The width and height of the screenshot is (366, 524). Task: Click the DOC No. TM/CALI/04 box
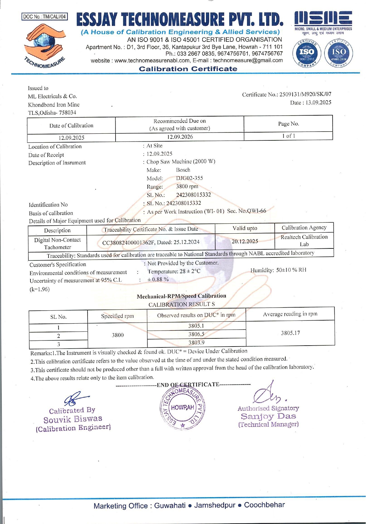(45, 17)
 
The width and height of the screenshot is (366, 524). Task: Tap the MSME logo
(323, 21)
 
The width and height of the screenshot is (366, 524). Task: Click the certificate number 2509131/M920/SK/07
(305, 94)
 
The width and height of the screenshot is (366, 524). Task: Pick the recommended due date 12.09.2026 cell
(180, 137)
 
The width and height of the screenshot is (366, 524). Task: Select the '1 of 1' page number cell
(288, 136)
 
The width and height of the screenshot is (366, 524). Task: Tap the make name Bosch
(183, 170)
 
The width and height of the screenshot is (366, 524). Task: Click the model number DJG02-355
(189, 178)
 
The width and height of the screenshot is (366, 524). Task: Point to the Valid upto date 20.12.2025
(245, 241)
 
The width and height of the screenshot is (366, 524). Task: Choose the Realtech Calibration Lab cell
(304, 241)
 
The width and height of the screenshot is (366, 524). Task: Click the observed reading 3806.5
(196, 334)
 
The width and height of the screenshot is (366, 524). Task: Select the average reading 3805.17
(290, 333)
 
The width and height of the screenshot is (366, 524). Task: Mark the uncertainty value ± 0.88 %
(158, 280)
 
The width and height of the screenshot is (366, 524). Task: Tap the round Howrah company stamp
(182, 407)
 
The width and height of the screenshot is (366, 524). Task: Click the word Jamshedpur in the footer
(215, 505)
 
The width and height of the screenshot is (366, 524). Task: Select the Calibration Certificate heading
(188, 69)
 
